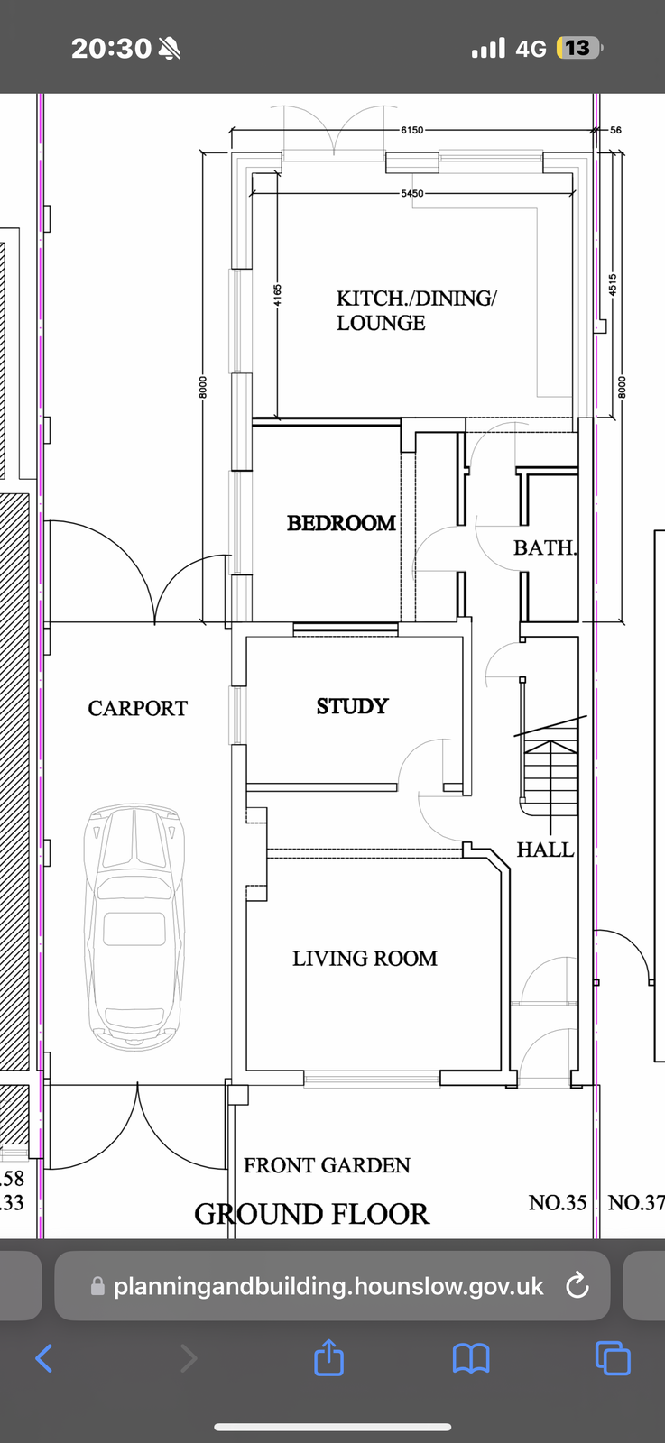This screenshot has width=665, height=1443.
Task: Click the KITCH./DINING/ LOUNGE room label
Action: [416, 310]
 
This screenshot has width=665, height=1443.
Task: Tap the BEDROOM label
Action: [341, 523]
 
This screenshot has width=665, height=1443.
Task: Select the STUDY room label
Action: [353, 706]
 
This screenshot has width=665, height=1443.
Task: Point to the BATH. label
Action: [544, 547]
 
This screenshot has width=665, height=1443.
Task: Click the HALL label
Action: [545, 850]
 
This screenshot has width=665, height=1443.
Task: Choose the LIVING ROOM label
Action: [365, 959]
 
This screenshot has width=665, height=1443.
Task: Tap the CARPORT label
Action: [138, 709]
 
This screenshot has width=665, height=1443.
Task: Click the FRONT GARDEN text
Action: [327, 1165]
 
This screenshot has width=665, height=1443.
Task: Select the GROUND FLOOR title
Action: [312, 1214]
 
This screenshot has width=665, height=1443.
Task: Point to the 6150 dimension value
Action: [412, 130]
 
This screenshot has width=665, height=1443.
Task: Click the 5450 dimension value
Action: [412, 193]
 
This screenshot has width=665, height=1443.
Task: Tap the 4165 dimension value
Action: [277, 296]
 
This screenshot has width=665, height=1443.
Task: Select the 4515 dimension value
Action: [613, 285]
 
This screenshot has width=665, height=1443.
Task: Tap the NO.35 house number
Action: [558, 1203]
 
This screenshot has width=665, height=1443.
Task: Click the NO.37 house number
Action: [637, 1203]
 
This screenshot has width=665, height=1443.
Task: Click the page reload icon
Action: [577, 1286]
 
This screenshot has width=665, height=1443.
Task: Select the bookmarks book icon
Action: [471, 1358]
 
